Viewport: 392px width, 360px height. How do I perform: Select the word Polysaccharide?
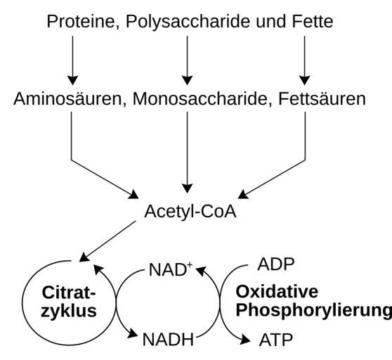(188, 22)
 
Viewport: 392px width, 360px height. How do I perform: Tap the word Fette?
(313, 22)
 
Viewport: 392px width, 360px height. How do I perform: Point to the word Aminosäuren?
(67, 99)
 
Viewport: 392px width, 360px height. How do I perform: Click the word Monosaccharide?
(200, 99)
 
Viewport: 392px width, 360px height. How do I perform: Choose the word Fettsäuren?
(322, 99)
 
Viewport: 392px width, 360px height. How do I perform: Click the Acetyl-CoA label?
(190, 212)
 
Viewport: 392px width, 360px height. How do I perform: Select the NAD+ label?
(171, 270)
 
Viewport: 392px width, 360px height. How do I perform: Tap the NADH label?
(168, 340)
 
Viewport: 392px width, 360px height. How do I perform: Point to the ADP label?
(276, 264)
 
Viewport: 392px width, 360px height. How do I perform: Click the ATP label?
(276, 340)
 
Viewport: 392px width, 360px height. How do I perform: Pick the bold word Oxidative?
(277, 292)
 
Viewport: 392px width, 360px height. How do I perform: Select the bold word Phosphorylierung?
(314, 311)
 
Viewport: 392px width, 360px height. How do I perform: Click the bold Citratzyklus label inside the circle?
(69, 302)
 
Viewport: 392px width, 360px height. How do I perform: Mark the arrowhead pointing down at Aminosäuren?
(73, 80)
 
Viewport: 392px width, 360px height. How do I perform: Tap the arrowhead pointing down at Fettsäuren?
(304, 80)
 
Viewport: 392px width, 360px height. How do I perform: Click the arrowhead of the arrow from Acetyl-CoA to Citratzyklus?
(84, 257)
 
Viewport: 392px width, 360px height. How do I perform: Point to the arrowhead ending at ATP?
(245, 340)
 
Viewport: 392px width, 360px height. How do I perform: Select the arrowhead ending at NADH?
(133, 333)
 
